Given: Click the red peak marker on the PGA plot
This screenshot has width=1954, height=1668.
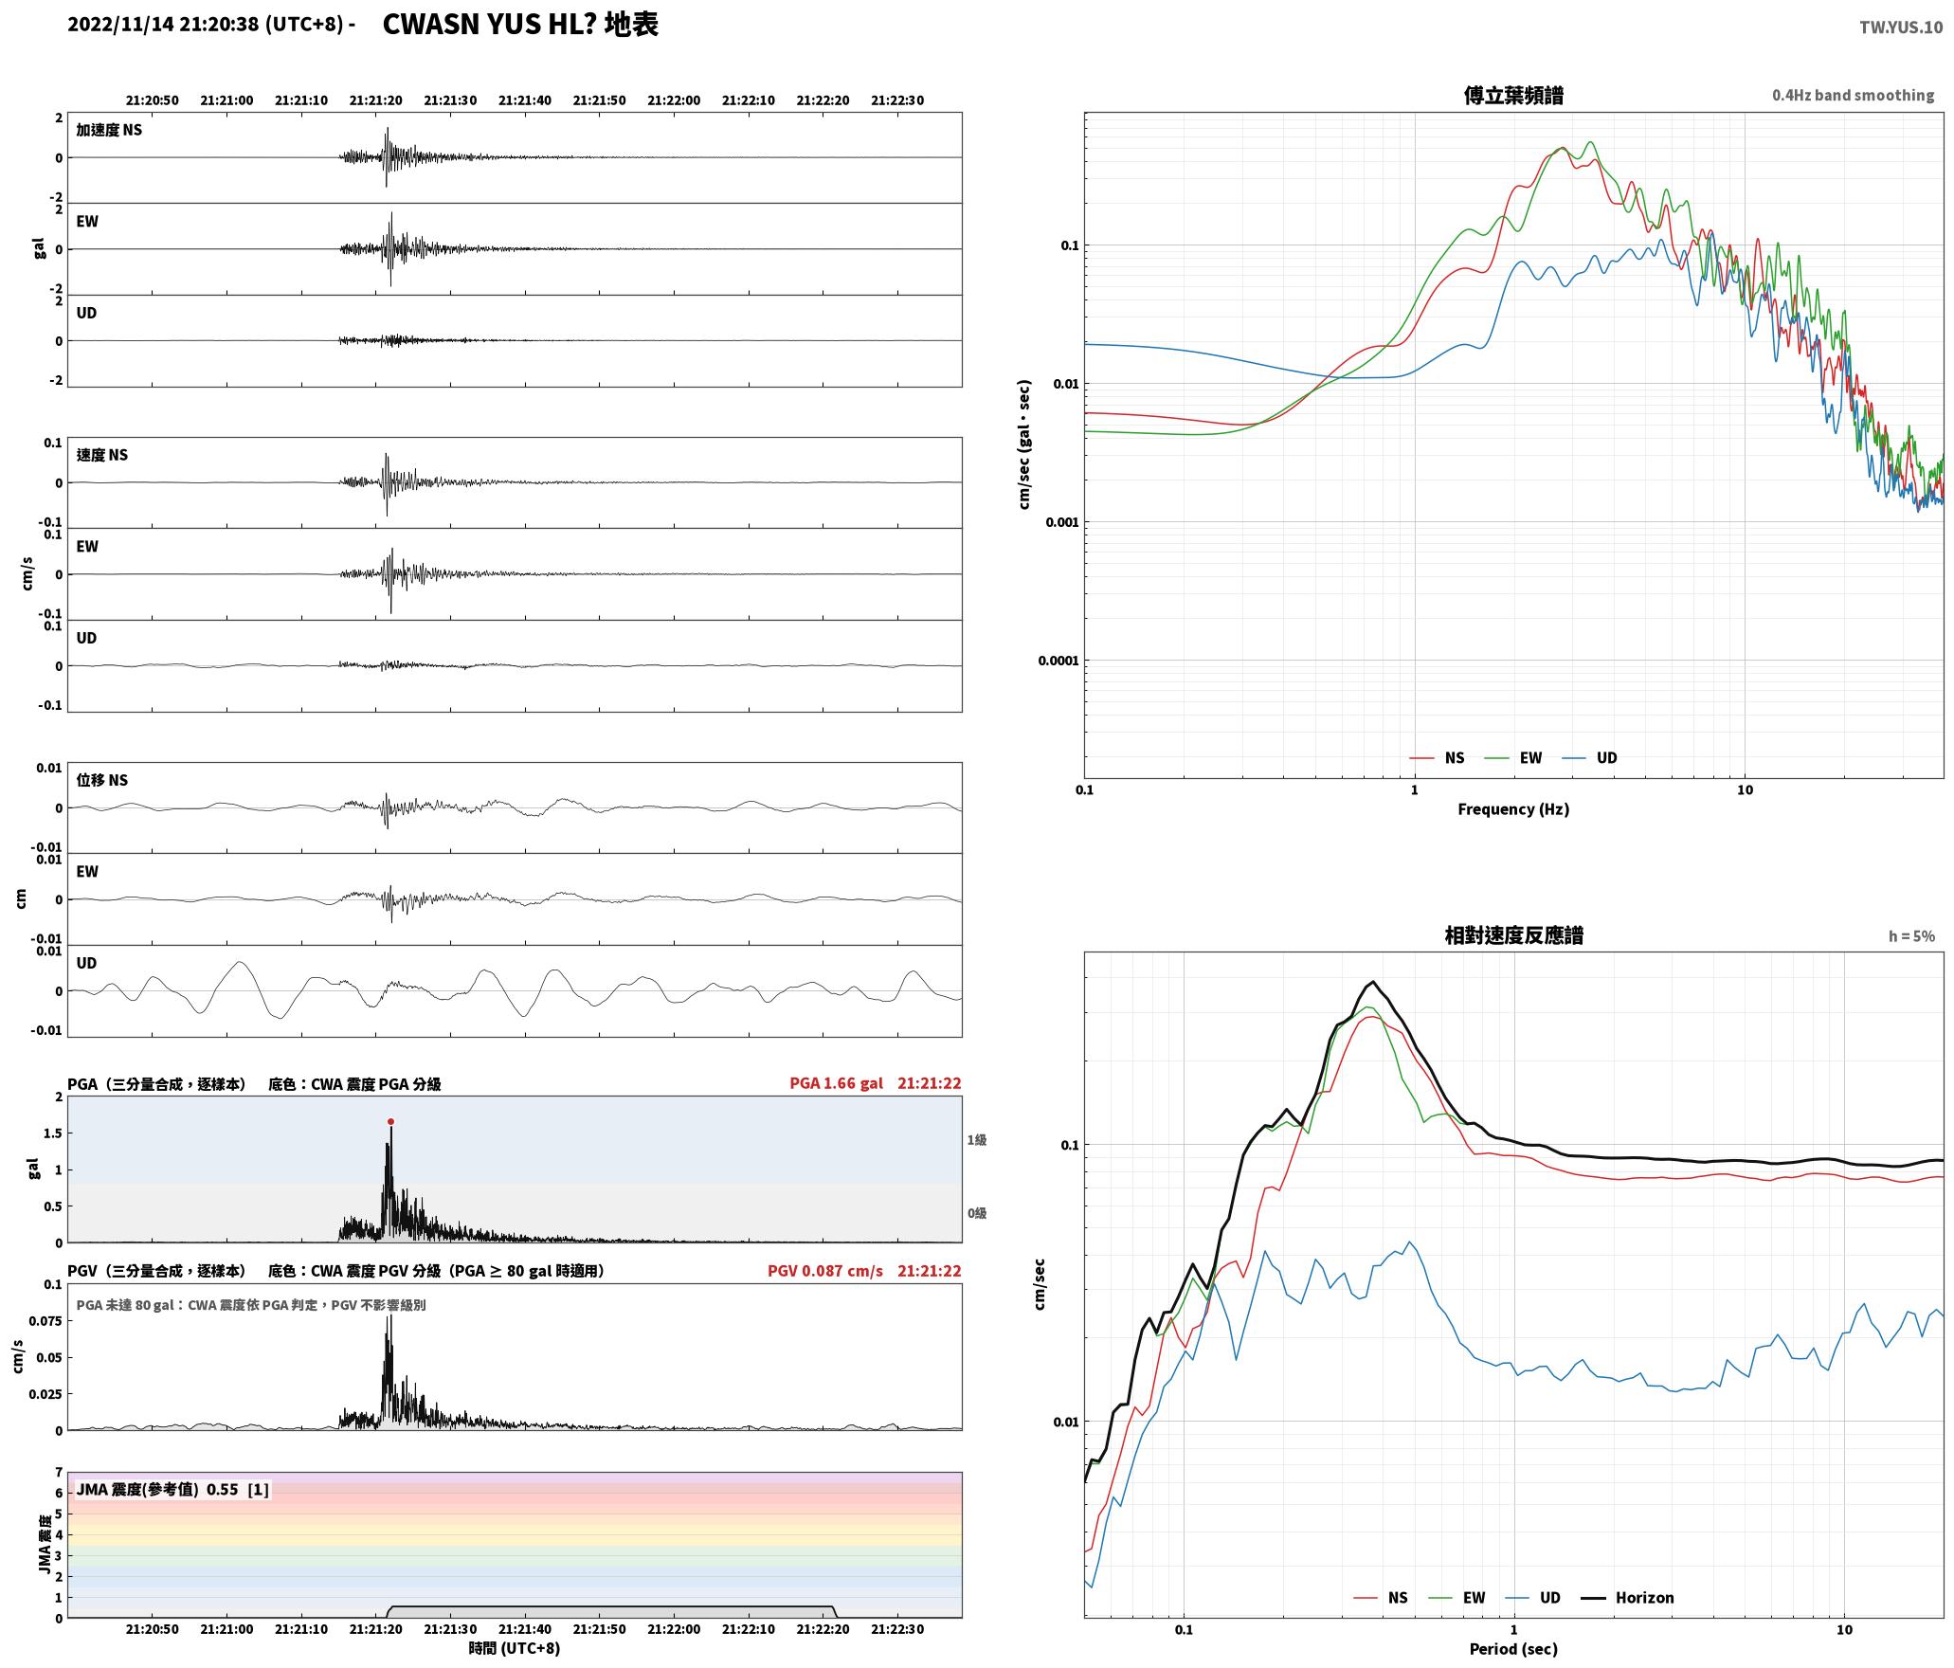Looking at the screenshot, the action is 390,1121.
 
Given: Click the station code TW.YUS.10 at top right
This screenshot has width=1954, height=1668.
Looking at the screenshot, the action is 1900,27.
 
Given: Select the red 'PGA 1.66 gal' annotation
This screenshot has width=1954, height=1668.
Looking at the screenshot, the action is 836,1083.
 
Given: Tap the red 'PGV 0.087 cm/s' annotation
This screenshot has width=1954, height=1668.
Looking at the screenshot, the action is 824,1271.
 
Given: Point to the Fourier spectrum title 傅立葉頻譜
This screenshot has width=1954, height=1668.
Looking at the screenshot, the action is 1513,96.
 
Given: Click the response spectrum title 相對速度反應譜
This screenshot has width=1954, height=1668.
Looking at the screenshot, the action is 1513,935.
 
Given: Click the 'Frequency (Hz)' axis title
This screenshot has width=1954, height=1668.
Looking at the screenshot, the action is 1513,809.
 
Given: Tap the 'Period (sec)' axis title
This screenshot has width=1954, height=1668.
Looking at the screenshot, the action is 1513,1649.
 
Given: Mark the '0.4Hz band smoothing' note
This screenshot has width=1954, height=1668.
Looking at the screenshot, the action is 1853,96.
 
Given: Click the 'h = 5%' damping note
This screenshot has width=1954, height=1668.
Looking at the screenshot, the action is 1911,936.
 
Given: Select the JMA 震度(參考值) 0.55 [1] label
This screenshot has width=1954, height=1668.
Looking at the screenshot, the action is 173,1490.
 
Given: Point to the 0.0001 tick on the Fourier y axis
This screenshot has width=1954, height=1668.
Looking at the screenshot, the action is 1058,661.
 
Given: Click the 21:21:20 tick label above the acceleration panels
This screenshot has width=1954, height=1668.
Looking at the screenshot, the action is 376,100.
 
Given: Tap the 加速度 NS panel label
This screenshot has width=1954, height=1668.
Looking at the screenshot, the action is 109,130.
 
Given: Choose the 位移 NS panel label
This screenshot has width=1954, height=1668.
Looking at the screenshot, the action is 102,780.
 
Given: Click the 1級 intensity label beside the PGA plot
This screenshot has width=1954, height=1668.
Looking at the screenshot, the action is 977,1140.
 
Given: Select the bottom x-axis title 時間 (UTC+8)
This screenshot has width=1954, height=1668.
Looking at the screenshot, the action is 515,1648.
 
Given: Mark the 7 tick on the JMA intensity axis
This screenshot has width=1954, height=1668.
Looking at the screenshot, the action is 59,1473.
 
